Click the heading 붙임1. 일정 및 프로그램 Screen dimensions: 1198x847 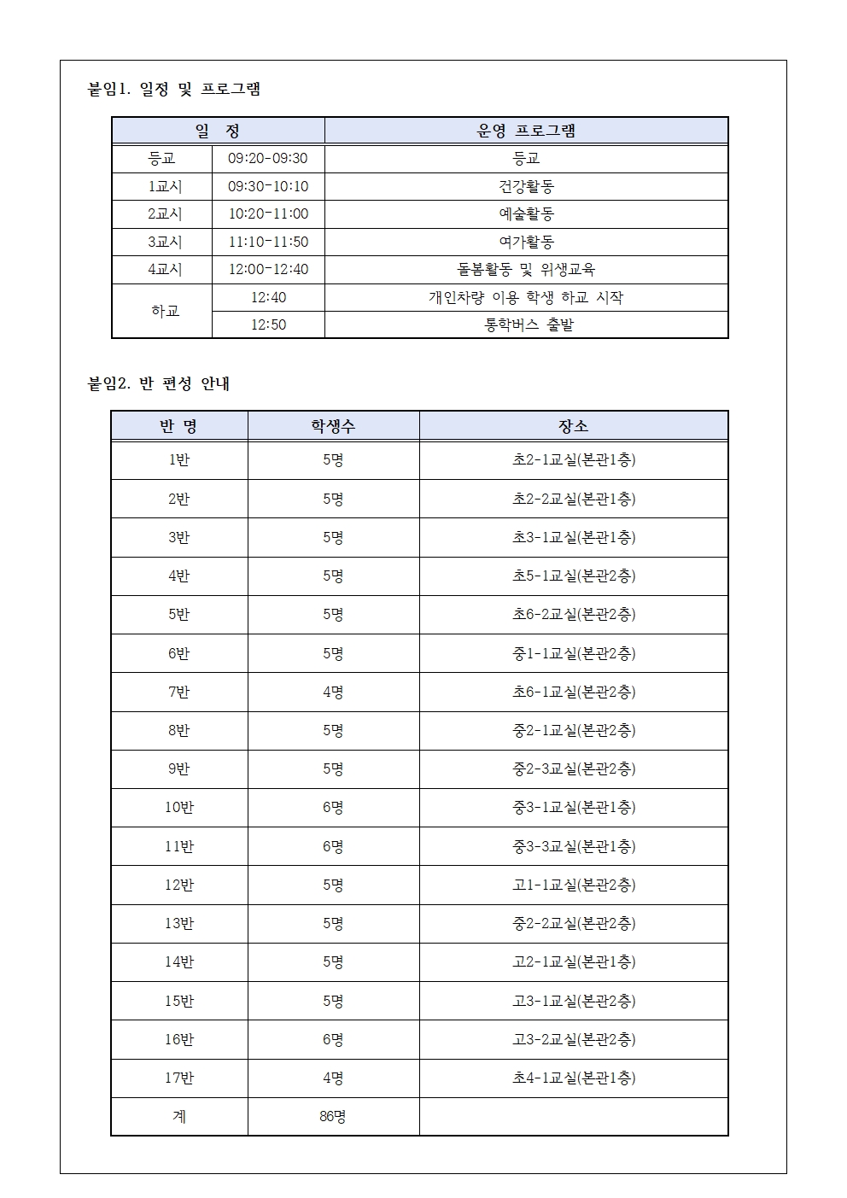pyautogui.click(x=174, y=89)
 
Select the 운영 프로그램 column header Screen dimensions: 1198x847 pyautogui.click(x=526, y=131)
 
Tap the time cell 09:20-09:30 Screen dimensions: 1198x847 pyautogui.click(x=268, y=159)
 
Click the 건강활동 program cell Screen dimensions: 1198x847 pyautogui.click(x=526, y=186)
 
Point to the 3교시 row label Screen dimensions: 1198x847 pyautogui.click(x=165, y=242)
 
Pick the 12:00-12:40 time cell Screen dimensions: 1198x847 pyautogui.click(x=268, y=270)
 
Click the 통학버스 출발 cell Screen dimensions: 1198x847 pyautogui.click(x=526, y=325)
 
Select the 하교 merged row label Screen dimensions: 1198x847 pyautogui.click(x=165, y=311)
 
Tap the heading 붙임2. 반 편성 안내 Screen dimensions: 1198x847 pyautogui.click(x=159, y=384)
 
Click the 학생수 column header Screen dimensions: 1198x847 pyautogui.click(x=333, y=426)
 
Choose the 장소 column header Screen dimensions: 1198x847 pyautogui.click(x=573, y=426)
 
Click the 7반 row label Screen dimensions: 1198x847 pyautogui.click(x=179, y=692)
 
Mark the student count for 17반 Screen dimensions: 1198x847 pyautogui.click(x=333, y=1078)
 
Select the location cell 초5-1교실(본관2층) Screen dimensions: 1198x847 pyautogui.click(x=573, y=576)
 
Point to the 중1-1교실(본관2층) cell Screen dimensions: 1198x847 pyautogui.click(x=573, y=653)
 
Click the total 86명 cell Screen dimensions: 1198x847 pyautogui.click(x=333, y=1117)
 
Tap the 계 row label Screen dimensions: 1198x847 pyautogui.click(x=179, y=1117)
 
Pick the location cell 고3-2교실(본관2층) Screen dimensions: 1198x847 pyautogui.click(x=573, y=1039)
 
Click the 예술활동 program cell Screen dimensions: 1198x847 pyautogui.click(x=526, y=214)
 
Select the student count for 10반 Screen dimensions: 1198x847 pyautogui.click(x=333, y=808)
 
